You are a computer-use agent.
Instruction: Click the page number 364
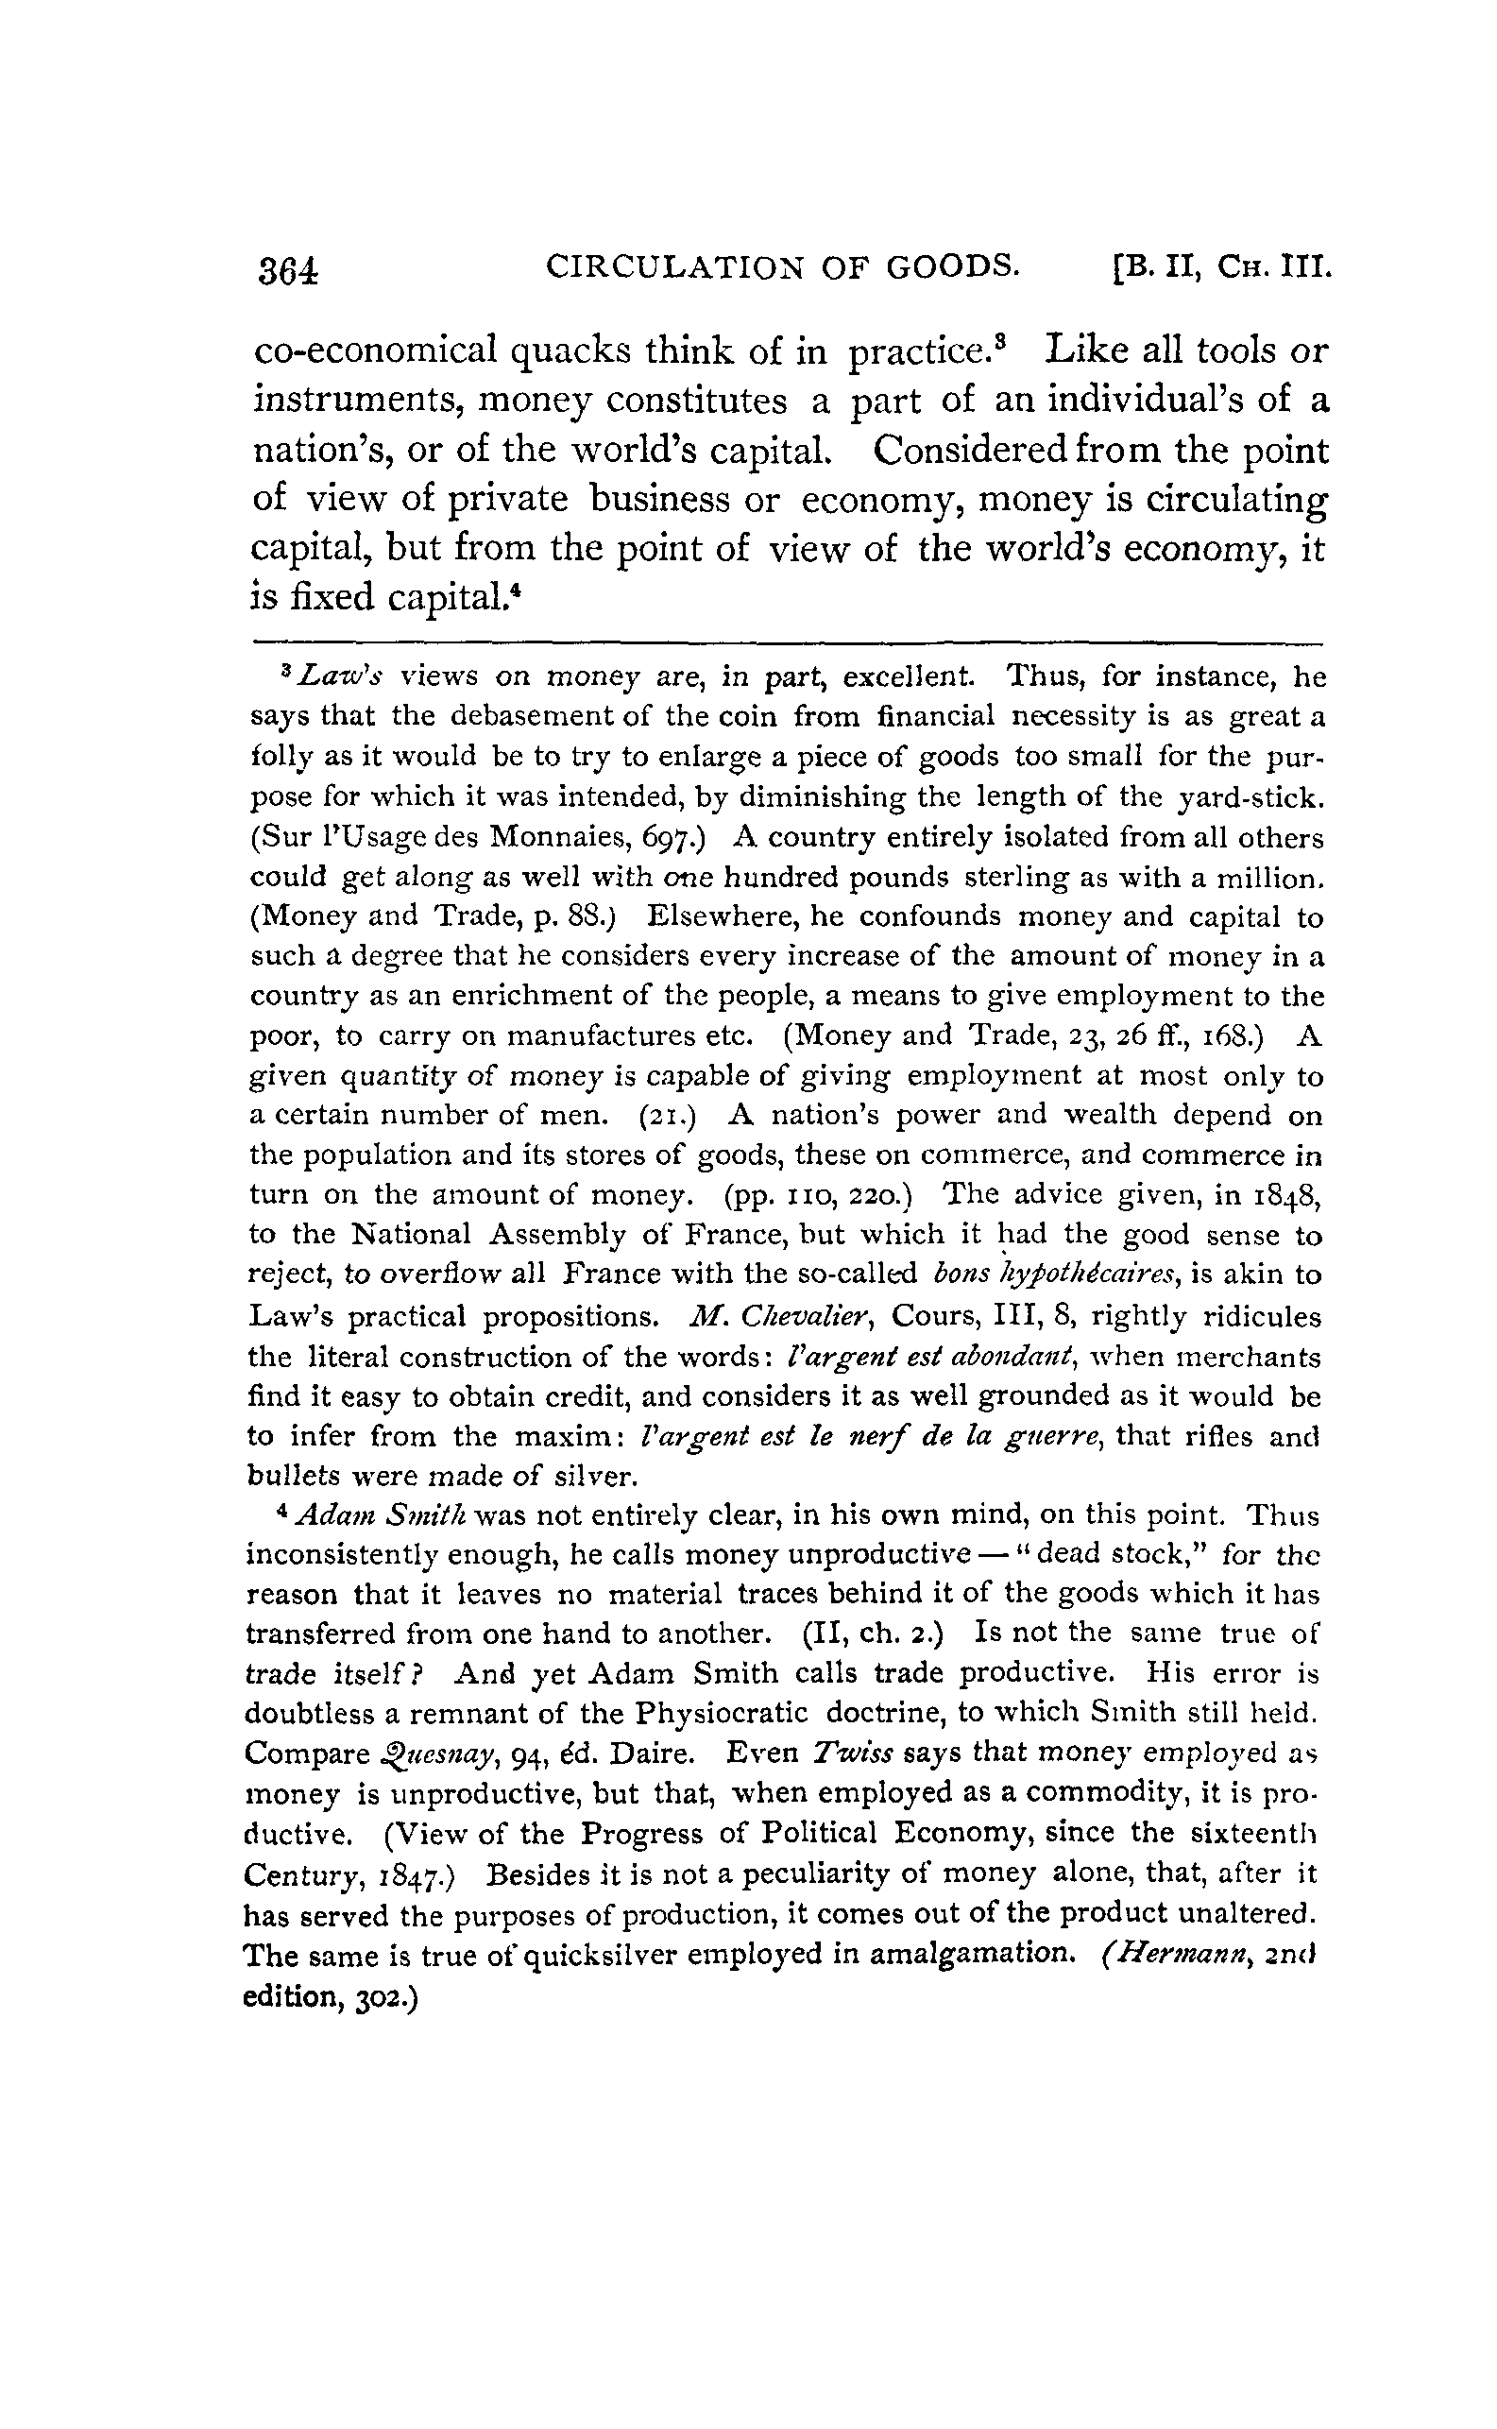288,270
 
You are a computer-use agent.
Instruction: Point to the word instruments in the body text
357,402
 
